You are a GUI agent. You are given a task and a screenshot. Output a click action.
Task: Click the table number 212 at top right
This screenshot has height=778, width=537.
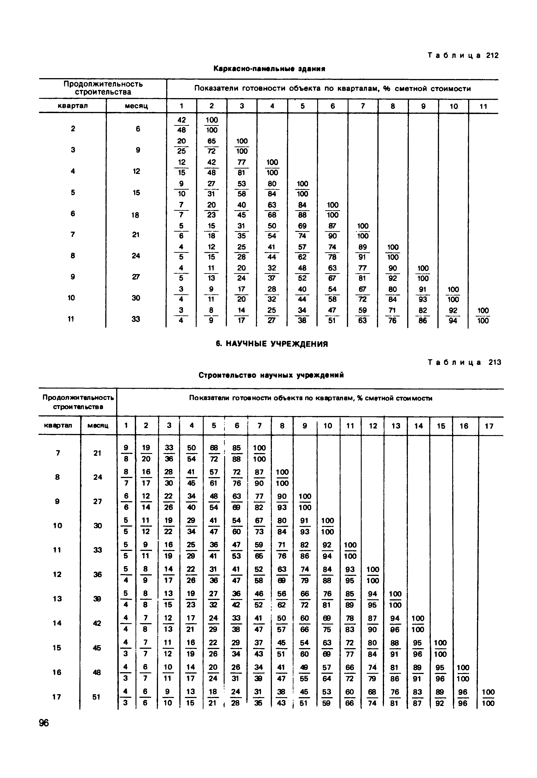(492, 55)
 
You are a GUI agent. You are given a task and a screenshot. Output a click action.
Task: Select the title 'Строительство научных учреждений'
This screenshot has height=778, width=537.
(271, 375)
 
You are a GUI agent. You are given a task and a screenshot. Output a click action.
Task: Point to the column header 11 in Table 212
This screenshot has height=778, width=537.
(483, 106)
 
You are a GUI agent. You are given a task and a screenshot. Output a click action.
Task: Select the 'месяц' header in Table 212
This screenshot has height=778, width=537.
(136, 106)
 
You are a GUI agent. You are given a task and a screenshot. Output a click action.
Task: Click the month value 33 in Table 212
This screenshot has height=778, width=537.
(136, 319)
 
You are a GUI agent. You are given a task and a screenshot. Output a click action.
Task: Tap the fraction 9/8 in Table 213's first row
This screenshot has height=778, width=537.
(126, 453)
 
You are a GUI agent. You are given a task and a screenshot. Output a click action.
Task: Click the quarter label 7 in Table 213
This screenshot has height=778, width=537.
(58, 453)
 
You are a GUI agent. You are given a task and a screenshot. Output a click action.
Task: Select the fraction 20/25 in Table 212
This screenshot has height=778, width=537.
(181, 146)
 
